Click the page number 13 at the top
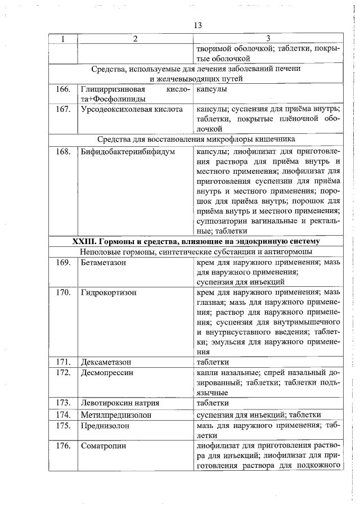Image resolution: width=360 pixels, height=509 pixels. (197, 26)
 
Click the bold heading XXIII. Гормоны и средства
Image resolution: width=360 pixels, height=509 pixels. (196, 241)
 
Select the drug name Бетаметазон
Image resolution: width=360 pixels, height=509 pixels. (103, 262)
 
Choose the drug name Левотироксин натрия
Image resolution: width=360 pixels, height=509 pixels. (120, 403)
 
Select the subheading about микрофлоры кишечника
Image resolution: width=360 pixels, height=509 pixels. (196, 139)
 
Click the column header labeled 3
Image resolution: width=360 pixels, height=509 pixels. (268, 39)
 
